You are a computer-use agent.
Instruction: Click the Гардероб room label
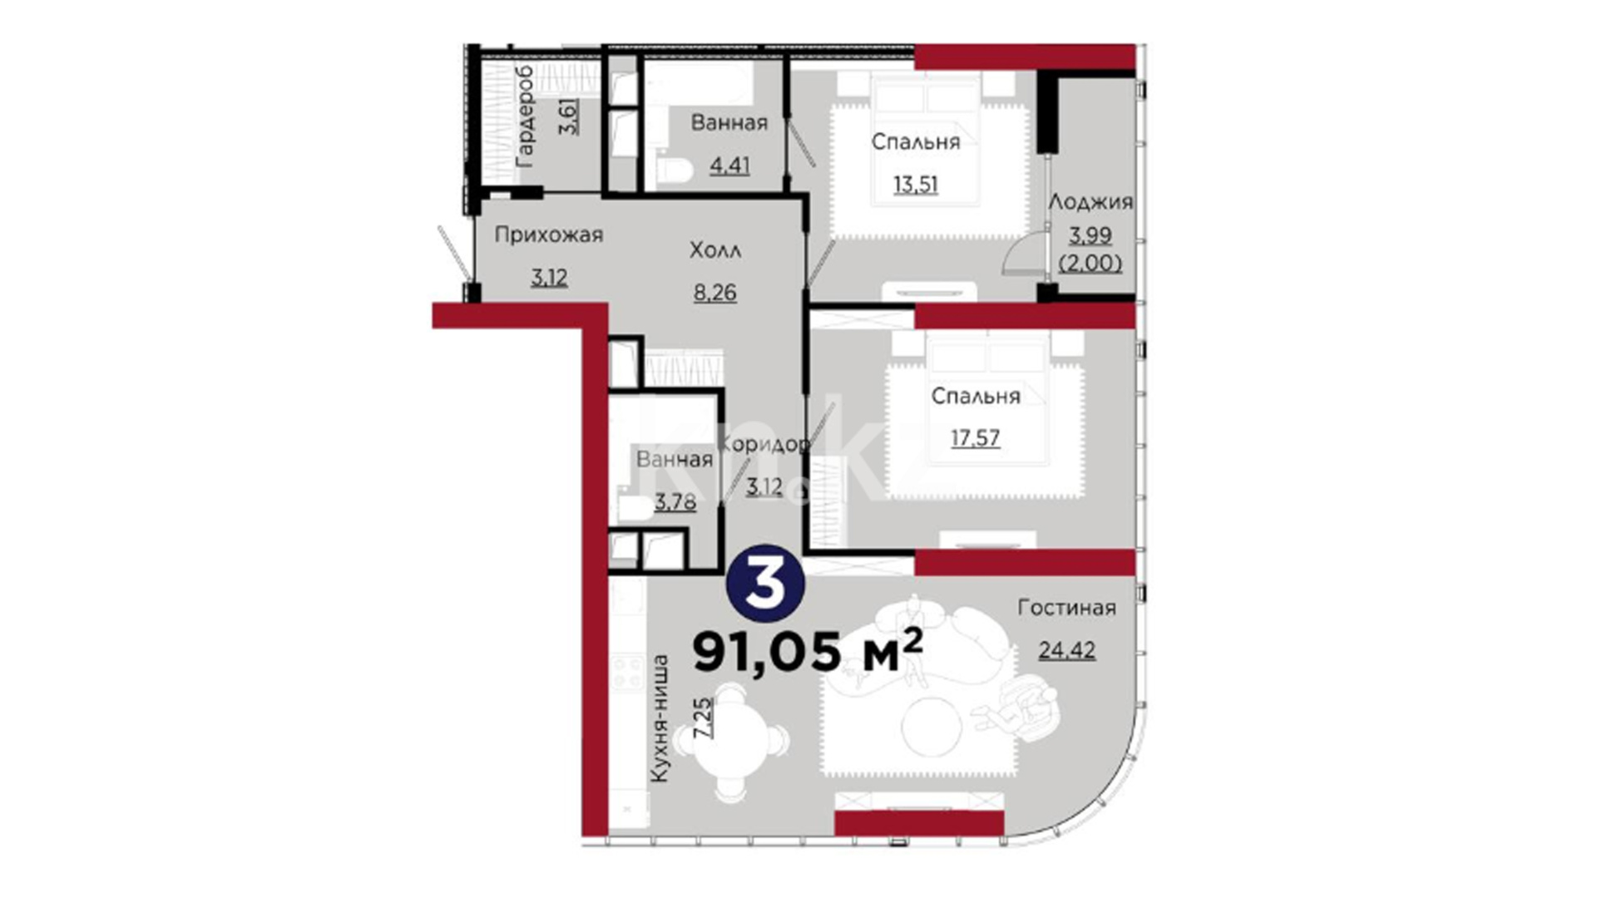(525, 116)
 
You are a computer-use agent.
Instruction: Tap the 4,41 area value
(729, 165)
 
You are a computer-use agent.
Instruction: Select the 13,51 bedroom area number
(916, 184)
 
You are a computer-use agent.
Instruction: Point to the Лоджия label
(1090, 202)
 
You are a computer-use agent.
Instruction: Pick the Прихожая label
(549, 235)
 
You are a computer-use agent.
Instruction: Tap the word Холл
(715, 250)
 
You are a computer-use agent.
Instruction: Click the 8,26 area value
(715, 293)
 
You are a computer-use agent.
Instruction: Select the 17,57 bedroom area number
(976, 437)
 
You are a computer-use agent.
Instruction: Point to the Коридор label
(764, 445)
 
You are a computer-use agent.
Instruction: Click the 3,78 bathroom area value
(675, 501)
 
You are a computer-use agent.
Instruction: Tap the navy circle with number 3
(765, 584)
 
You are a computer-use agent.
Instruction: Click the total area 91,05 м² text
(808, 650)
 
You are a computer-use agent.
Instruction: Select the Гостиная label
(1066, 608)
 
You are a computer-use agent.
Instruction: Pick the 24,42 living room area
(1066, 649)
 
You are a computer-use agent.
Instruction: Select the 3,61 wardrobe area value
(569, 116)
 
